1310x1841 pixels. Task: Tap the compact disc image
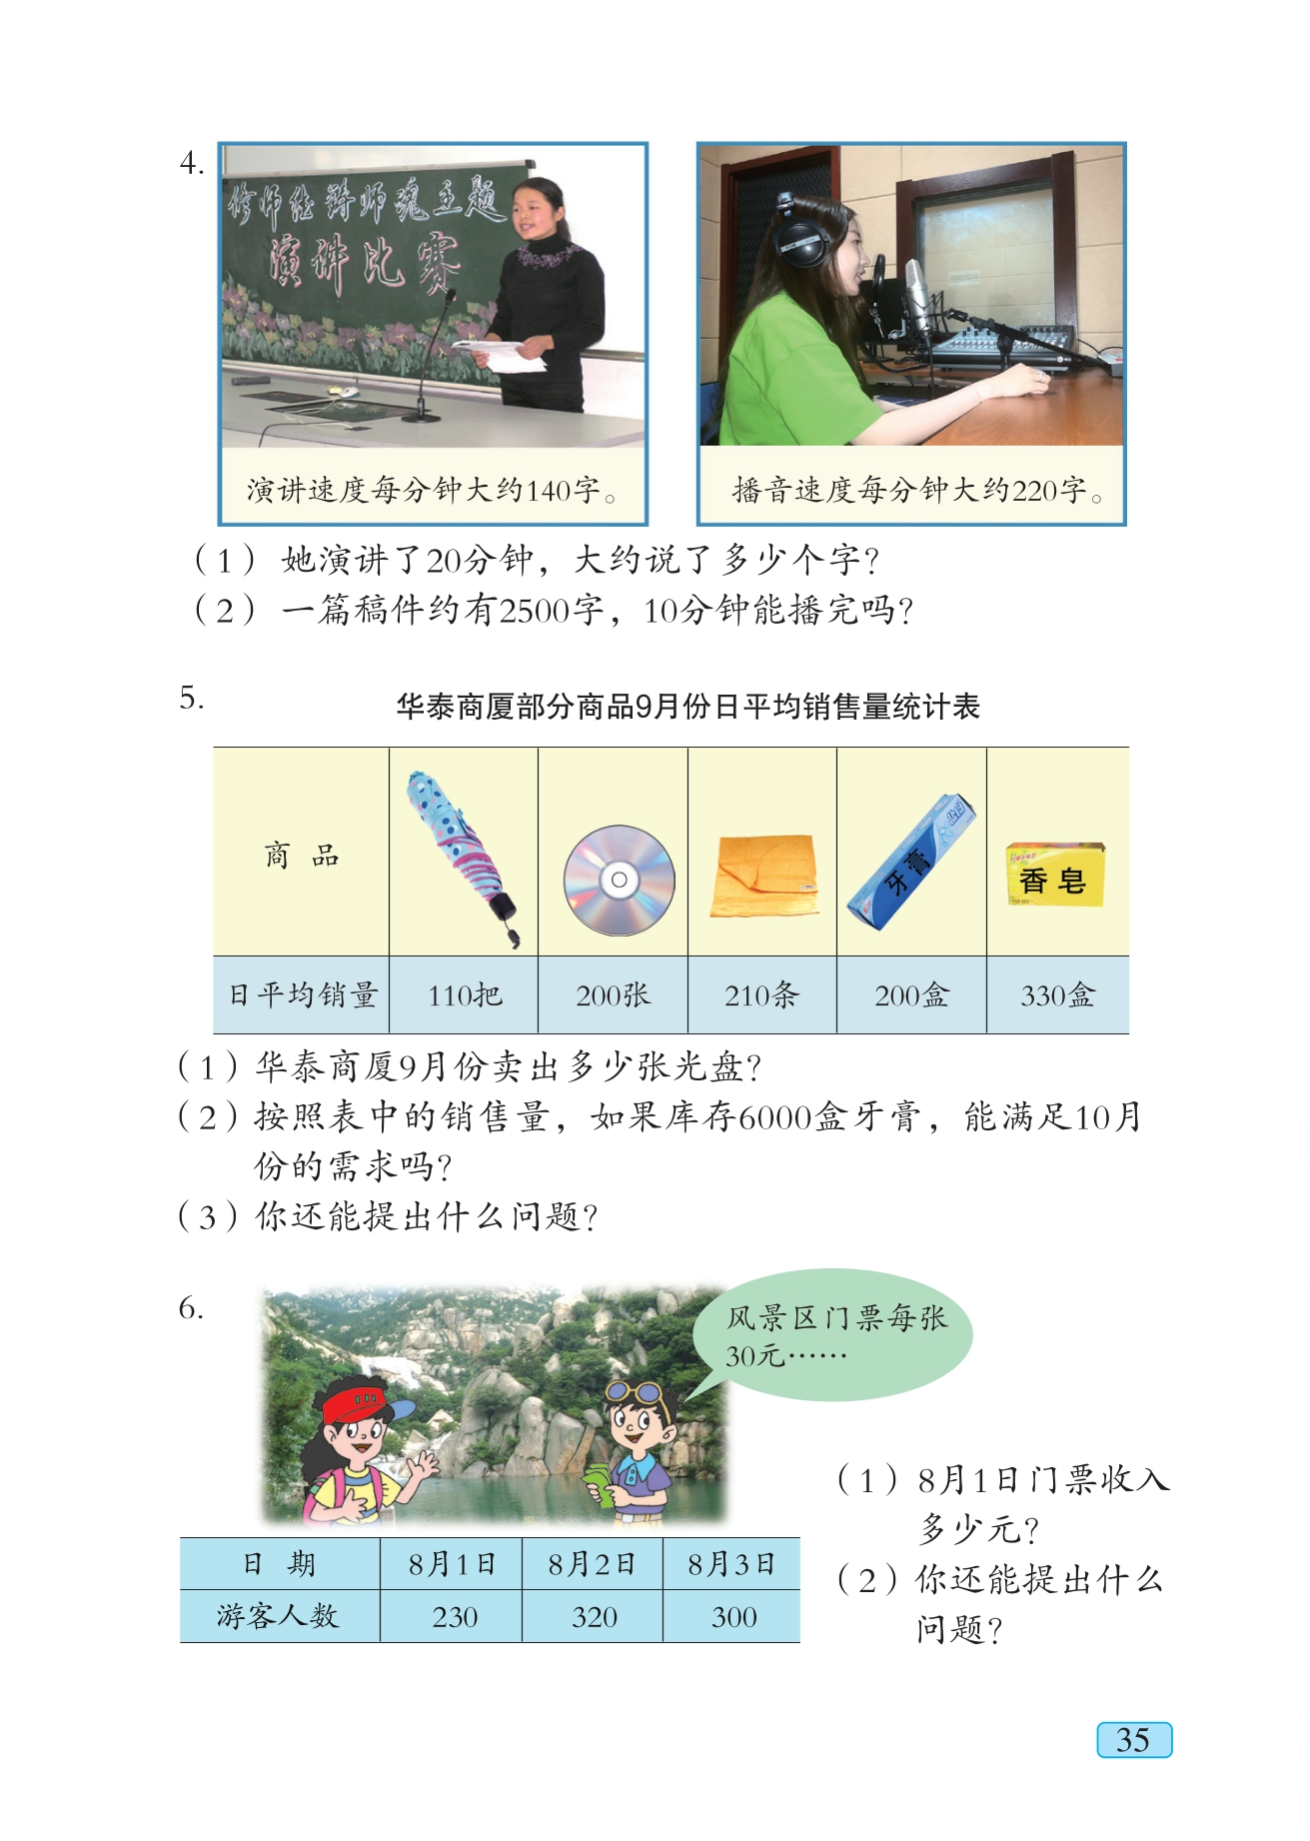pos(619,880)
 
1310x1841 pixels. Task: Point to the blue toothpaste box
pos(910,862)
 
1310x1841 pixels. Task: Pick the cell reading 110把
pos(464,994)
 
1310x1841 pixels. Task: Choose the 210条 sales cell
pos(762,994)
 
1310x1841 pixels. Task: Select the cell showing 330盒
pos(1057,994)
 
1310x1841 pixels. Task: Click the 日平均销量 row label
pos(302,994)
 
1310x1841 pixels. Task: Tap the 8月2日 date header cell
pos(592,1564)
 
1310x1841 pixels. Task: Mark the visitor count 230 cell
pos(452,1616)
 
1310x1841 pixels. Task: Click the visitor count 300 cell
pos(731,1616)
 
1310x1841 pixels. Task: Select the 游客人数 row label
pos(279,1616)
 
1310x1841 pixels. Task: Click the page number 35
pos(1134,1740)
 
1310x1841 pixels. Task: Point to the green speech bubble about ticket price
pos(832,1335)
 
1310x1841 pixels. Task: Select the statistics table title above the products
pos(687,707)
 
